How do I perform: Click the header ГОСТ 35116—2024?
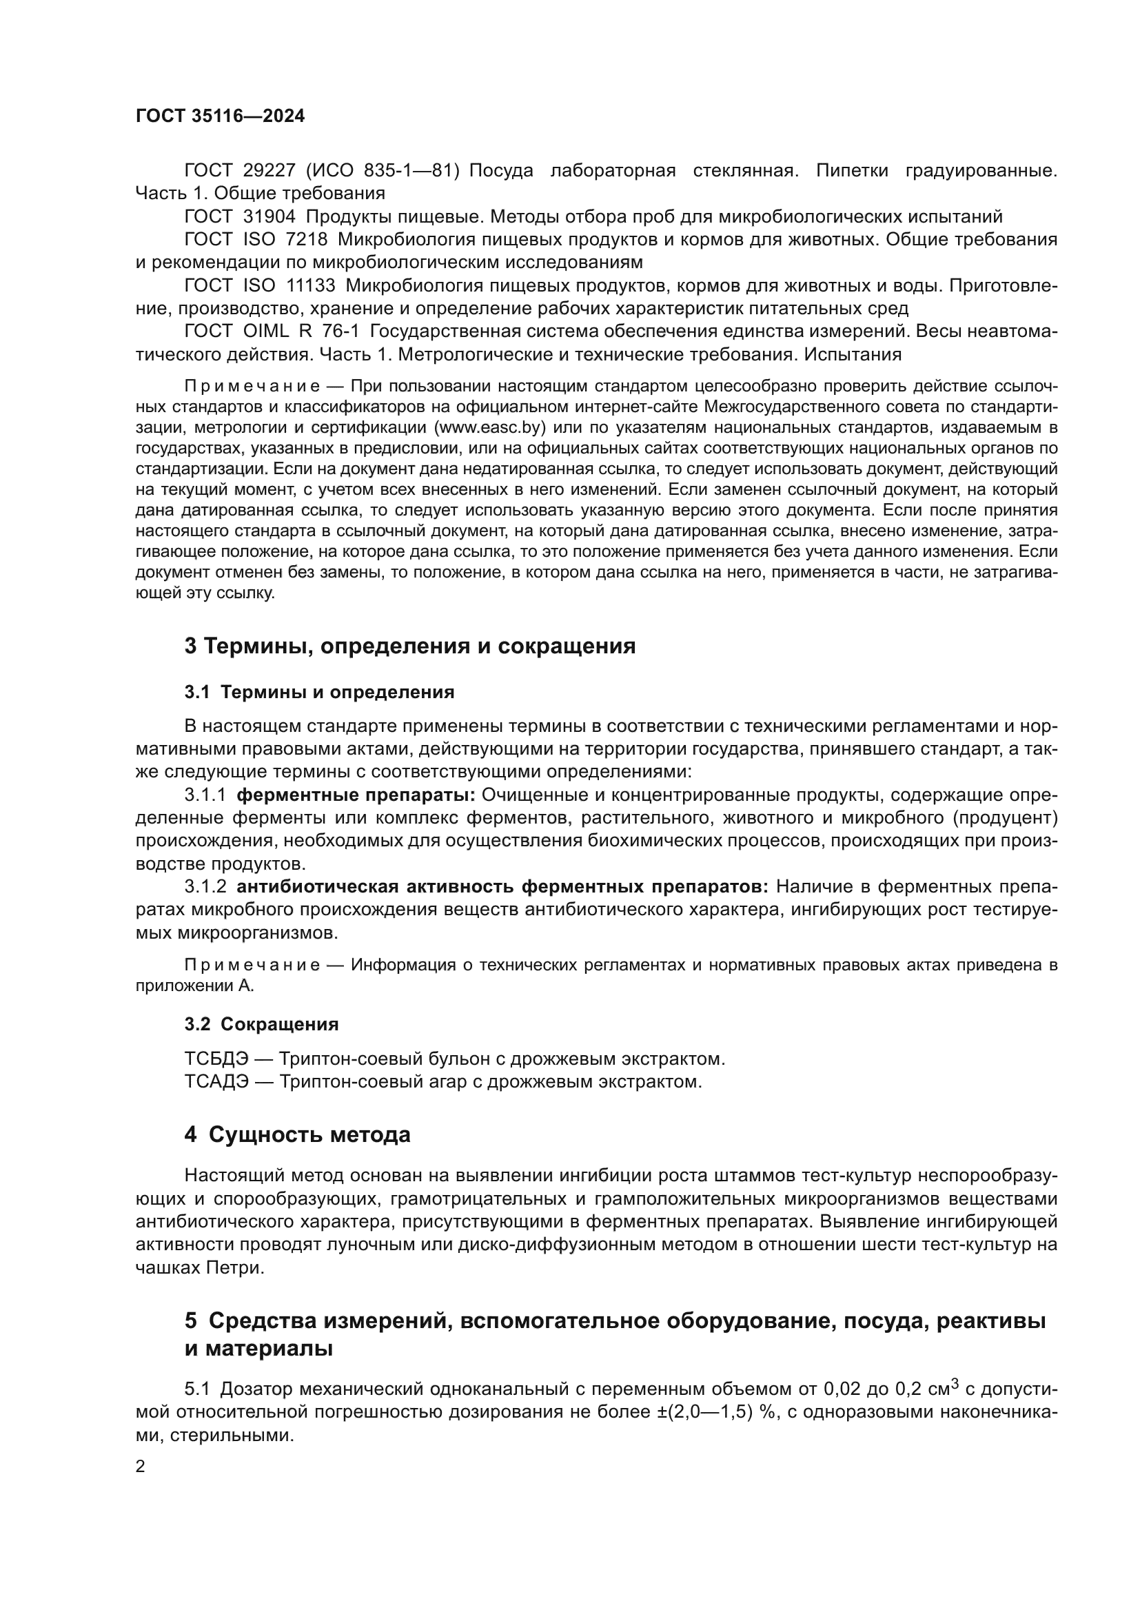click(220, 116)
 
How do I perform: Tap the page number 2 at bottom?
click(141, 1467)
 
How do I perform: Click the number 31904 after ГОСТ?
click(269, 216)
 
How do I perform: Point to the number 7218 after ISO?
click(307, 239)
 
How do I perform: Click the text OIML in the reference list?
click(267, 331)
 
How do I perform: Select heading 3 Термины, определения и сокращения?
click(410, 646)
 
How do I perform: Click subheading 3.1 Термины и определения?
click(319, 692)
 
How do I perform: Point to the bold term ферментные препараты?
click(356, 795)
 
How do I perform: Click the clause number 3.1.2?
click(205, 887)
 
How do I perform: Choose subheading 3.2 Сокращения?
click(261, 1024)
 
